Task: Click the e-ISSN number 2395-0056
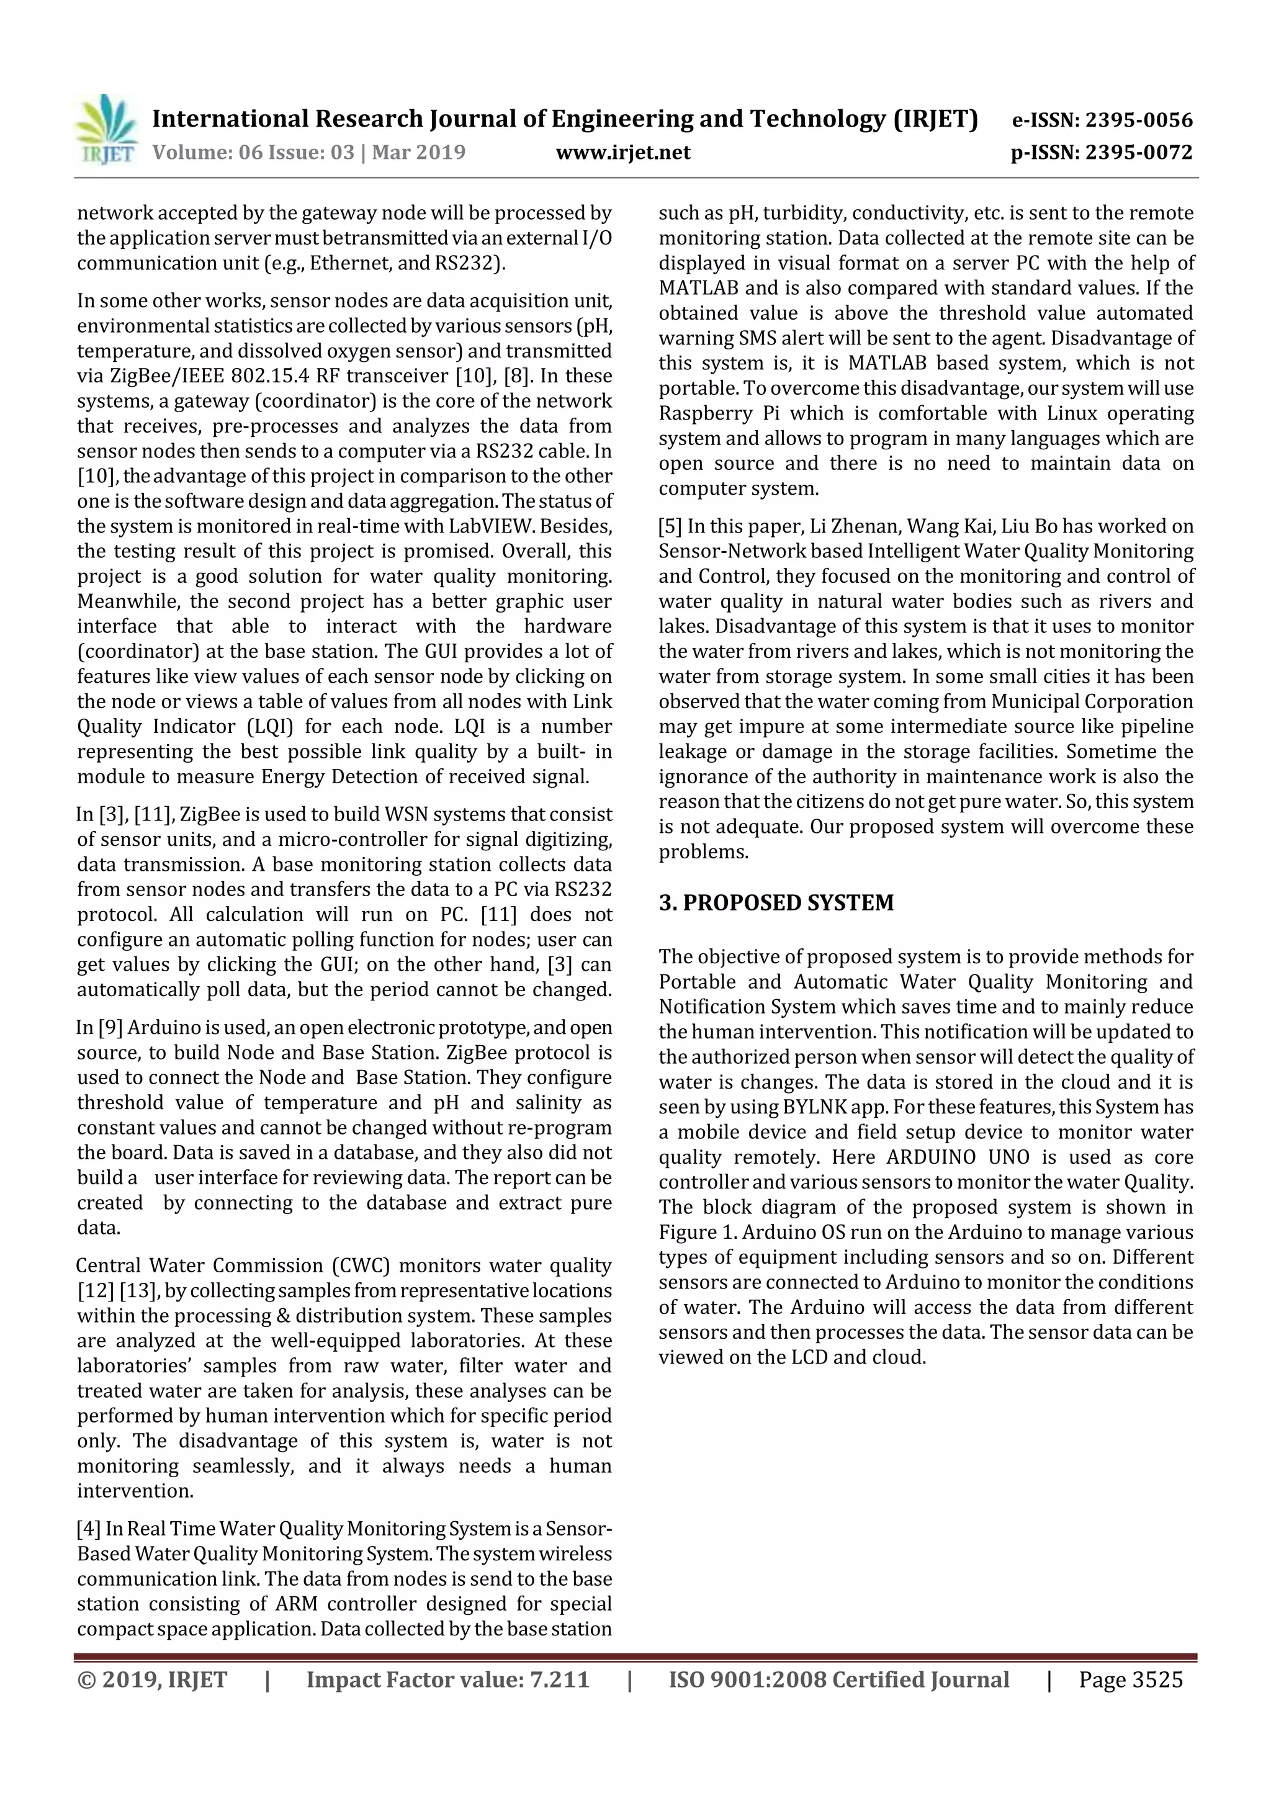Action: tap(1138, 120)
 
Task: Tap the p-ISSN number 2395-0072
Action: tap(1138, 152)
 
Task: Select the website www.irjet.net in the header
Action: tap(622, 152)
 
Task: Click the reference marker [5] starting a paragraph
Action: tap(670, 526)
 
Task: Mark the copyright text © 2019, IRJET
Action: tap(152, 1679)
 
